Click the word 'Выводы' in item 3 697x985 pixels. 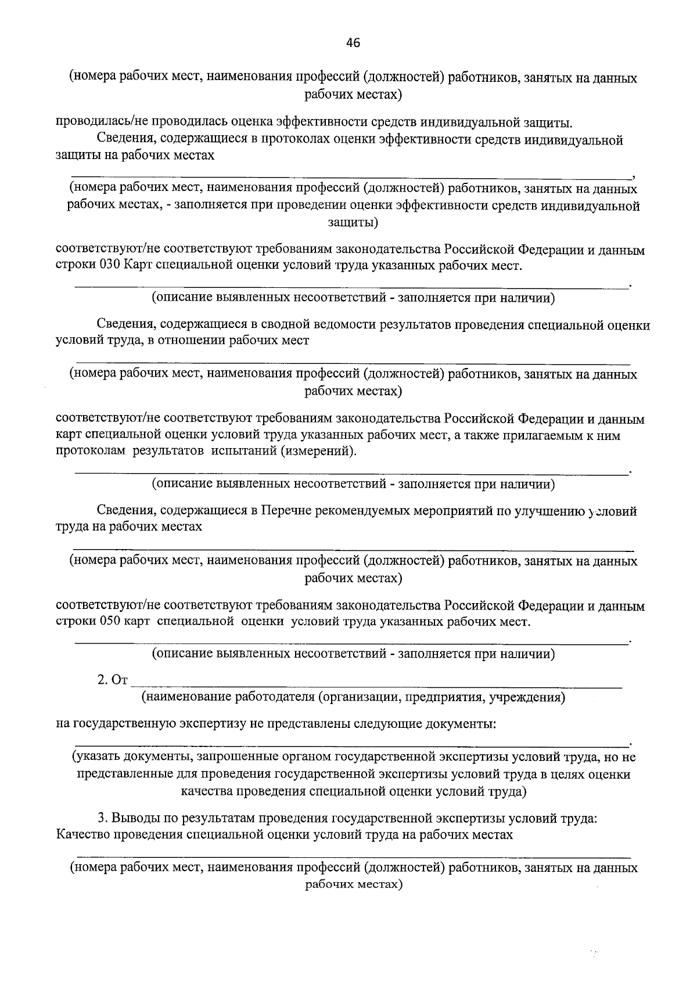click(135, 818)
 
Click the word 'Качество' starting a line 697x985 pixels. click(82, 835)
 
